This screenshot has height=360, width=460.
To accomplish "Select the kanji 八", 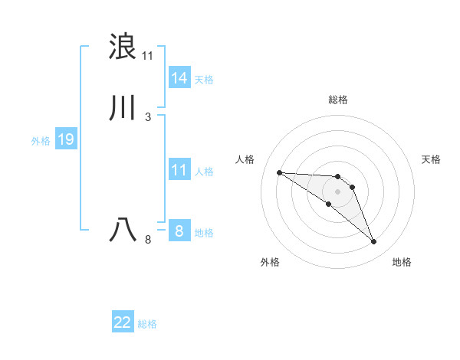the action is point(123,230).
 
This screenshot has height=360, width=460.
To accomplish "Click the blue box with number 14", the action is point(179,78).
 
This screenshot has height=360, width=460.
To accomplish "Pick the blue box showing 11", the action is point(179,170).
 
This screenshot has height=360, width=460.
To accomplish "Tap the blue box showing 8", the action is point(179,231).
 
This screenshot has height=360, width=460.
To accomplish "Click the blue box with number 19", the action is point(65,139).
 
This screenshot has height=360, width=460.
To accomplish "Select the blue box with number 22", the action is point(123,322).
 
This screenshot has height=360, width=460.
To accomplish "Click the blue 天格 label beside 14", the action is point(204,79).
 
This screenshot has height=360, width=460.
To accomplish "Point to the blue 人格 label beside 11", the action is point(204,171).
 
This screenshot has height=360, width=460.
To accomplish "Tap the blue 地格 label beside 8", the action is point(204,232).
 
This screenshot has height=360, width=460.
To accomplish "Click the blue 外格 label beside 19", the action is point(40,140).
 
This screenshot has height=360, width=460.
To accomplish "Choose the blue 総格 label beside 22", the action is point(147,324).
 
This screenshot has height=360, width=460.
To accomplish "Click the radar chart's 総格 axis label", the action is point(337,100).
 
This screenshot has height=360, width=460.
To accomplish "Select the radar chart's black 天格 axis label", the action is point(431,159).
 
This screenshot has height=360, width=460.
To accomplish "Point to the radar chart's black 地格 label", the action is point(402,262).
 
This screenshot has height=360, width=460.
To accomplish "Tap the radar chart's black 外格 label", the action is point(270,262).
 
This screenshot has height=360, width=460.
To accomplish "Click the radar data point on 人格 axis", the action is point(279,172).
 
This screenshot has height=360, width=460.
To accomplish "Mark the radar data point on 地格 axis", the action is point(373,242).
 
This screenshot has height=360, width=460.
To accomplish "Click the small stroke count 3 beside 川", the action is point(148,117).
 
